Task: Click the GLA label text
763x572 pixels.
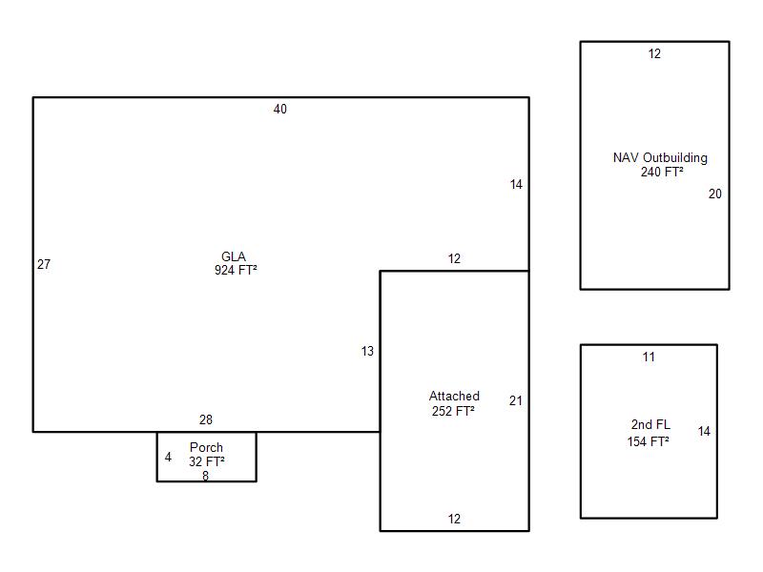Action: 234,256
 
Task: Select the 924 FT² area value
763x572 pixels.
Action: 236,270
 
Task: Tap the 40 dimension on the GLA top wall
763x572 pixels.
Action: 279,109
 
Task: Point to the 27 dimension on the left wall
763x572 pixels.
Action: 44,264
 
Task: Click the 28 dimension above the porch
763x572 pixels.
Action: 206,419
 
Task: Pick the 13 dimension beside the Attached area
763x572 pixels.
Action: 367,351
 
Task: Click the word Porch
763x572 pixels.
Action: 206,447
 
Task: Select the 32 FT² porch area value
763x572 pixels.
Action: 207,461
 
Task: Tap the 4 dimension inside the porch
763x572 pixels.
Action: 168,458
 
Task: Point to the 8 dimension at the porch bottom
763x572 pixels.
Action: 205,476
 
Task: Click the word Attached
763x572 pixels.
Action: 455,396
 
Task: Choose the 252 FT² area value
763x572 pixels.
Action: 453,411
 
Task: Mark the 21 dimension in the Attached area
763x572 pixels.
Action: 516,400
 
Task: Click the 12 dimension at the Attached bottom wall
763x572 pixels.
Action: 454,519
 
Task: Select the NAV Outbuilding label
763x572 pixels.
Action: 660,158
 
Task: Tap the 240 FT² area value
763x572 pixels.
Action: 662,172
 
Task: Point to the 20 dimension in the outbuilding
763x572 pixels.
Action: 714,194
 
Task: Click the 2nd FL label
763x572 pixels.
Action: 650,424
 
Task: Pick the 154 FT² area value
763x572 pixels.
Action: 649,441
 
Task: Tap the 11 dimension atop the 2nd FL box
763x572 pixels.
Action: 649,357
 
